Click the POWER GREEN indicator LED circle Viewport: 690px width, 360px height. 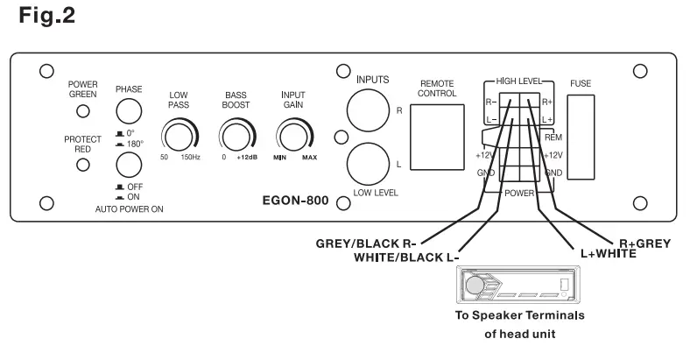coord(83,111)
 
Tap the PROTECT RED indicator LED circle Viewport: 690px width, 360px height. coord(83,163)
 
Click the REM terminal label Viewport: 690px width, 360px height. coord(553,138)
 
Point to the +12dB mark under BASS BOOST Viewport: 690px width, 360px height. coord(245,157)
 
